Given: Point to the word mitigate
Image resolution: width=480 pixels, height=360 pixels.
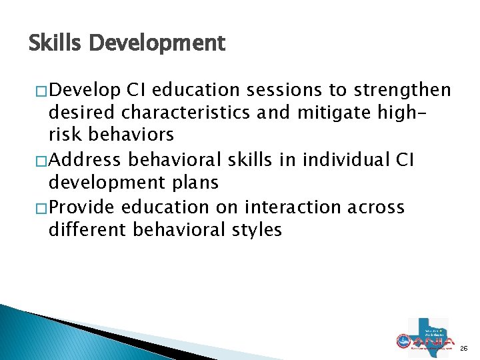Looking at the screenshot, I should [x=341, y=113].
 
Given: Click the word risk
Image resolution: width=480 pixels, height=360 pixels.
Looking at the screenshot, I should [x=66, y=135].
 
